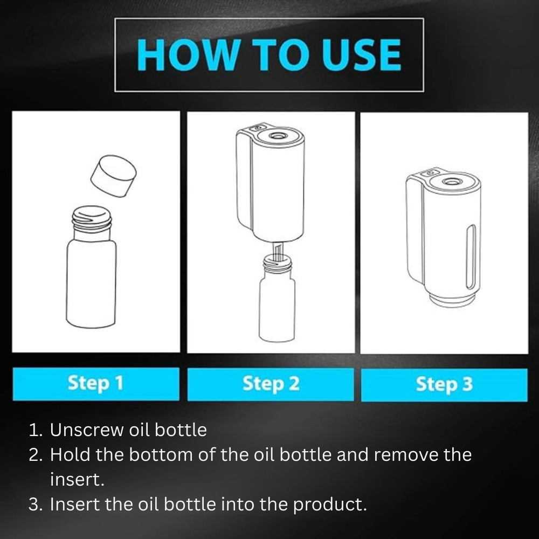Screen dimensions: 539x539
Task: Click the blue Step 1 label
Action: click(96, 384)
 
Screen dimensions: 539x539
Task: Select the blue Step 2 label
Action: click(271, 384)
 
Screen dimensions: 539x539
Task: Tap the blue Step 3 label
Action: click(444, 385)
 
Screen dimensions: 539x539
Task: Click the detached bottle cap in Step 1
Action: click(113, 176)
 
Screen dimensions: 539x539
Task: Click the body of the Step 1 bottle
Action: click(91, 284)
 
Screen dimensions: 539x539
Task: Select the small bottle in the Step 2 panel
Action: click(277, 299)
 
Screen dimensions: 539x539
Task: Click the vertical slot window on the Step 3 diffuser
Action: click(471, 257)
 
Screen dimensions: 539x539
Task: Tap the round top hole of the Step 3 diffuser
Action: click(451, 182)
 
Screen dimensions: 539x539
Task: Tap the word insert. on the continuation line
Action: click(77, 480)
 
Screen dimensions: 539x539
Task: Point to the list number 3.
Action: click(35, 505)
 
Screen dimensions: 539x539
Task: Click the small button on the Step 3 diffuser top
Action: click(430, 173)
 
